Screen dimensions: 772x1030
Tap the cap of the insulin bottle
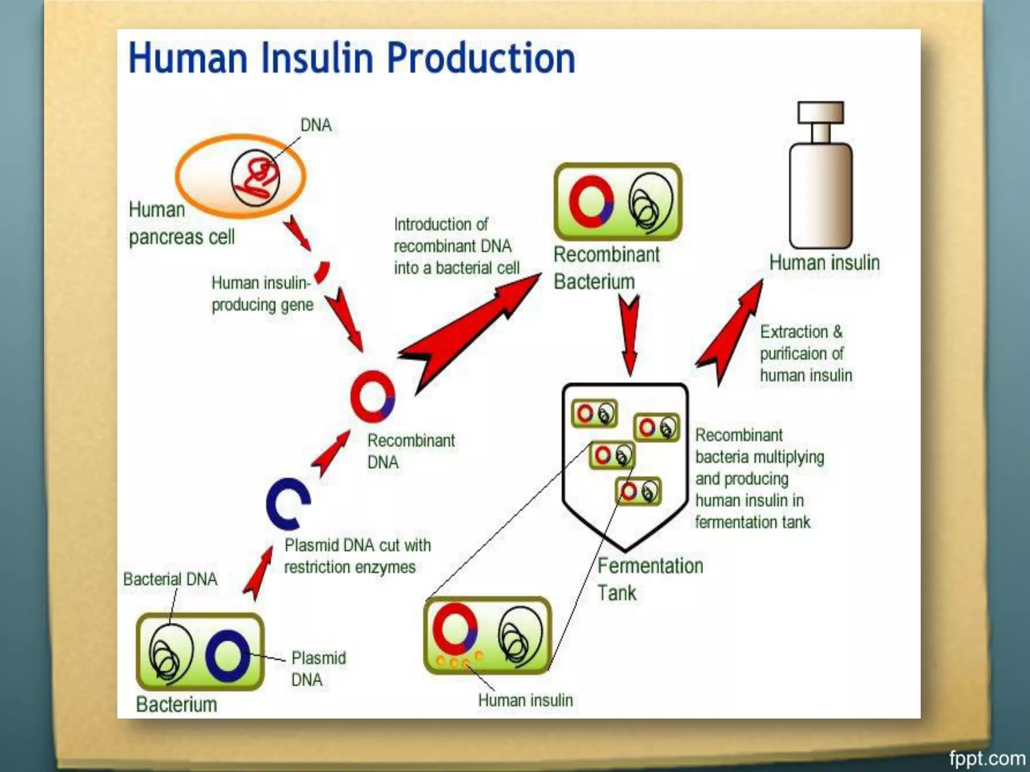(820, 112)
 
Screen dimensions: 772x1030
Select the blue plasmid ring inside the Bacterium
(227, 655)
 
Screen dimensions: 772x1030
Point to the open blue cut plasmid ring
(287, 504)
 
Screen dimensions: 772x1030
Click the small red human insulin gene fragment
(322, 272)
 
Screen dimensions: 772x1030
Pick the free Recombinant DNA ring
(372, 397)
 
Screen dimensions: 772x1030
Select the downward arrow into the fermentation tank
(629, 334)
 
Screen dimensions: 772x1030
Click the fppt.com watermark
(986, 758)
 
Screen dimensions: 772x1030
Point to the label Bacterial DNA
(170, 579)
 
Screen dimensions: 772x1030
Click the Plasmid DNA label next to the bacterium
(318, 668)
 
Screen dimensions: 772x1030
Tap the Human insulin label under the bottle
(824, 262)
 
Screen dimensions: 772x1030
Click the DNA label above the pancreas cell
(316, 125)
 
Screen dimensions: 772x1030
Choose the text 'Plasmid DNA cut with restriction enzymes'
(357, 556)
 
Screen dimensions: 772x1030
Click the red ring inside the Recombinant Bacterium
(591, 201)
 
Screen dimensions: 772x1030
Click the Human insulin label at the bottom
(525, 700)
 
